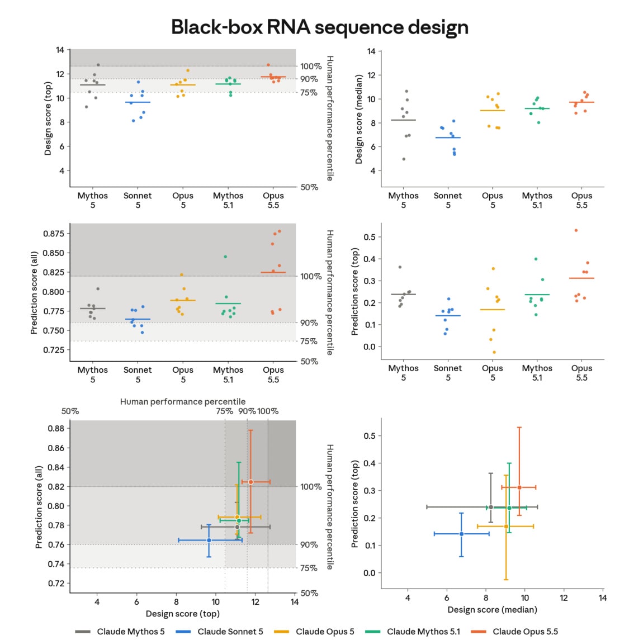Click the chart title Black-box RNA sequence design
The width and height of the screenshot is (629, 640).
(x=319, y=27)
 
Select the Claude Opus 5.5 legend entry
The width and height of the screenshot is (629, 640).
(x=514, y=632)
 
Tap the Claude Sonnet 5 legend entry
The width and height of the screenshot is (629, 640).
(x=219, y=632)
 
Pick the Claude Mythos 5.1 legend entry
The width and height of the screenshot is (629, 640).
(x=412, y=632)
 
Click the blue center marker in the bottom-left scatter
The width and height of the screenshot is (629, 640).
(x=209, y=541)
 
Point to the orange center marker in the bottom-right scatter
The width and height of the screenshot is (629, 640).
(x=519, y=487)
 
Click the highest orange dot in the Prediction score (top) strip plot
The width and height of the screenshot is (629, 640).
(x=576, y=230)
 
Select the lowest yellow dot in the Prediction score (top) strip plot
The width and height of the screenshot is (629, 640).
(x=494, y=352)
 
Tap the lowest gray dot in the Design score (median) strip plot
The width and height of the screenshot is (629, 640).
(x=404, y=159)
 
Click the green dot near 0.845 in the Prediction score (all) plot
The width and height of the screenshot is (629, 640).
(x=225, y=257)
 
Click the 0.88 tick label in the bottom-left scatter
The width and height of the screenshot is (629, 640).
(x=56, y=428)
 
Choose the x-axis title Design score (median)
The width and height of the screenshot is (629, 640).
(x=492, y=609)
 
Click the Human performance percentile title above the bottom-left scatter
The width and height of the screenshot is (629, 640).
(x=182, y=402)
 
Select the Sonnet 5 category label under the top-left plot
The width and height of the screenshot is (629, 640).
(x=138, y=200)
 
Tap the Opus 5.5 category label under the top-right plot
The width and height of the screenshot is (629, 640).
(x=581, y=200)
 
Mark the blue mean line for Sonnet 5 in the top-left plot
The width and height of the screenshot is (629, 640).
(x=138, y=102)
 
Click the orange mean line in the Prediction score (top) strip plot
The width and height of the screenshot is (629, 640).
(x=581, y=278)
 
